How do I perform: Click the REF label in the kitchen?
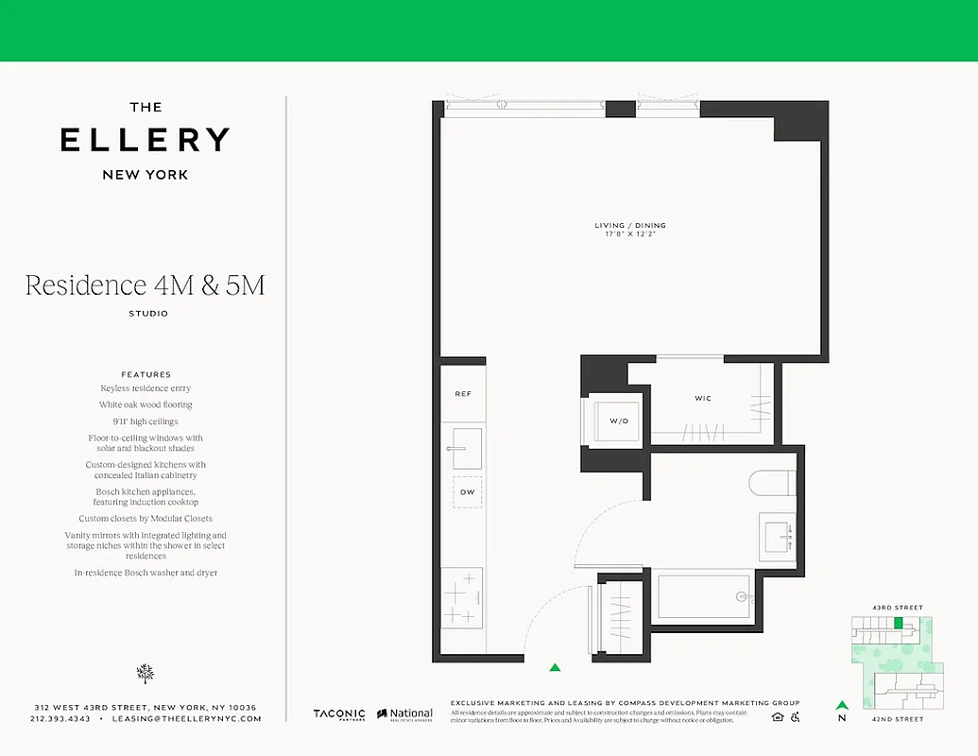pyautogui.click(x=463, y=393)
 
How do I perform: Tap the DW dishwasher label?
pyautogui.click(x=466, y=492)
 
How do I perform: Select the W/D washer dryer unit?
pyautogui.click(x=617, y=421)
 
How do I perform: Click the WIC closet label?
pyautogui.click(x=703, y=399)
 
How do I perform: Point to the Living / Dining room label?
pyautogui.click(x=629, y=225)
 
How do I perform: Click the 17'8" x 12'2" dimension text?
pyautogui.click(x=629, y=234)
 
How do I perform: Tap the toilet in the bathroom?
pyautogui.click(x=773, y=483)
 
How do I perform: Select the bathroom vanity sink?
pyautogui.click(x=779, y=534)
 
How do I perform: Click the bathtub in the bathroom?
pyautogui.click(x=702, y=596)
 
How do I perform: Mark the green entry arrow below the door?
pyautogui.click(x=555, y=666)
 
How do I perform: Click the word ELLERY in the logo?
pyautogui.click(x=146, y=140)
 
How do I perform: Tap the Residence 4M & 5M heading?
pyautogui.click(x=145, y=285)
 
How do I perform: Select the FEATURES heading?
pyautogui.click(x=146, y=374)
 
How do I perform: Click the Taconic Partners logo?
pyautogui.click(x=338, y=715)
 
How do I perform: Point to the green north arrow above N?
pyautogui.click(x=841, y=704)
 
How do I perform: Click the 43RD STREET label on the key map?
pyautogui.click(x=899, y=608)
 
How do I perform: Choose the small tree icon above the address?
pyautogui.click(x=146, y=673)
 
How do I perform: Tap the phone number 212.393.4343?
pyautogui.click(x=60, y=719)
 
